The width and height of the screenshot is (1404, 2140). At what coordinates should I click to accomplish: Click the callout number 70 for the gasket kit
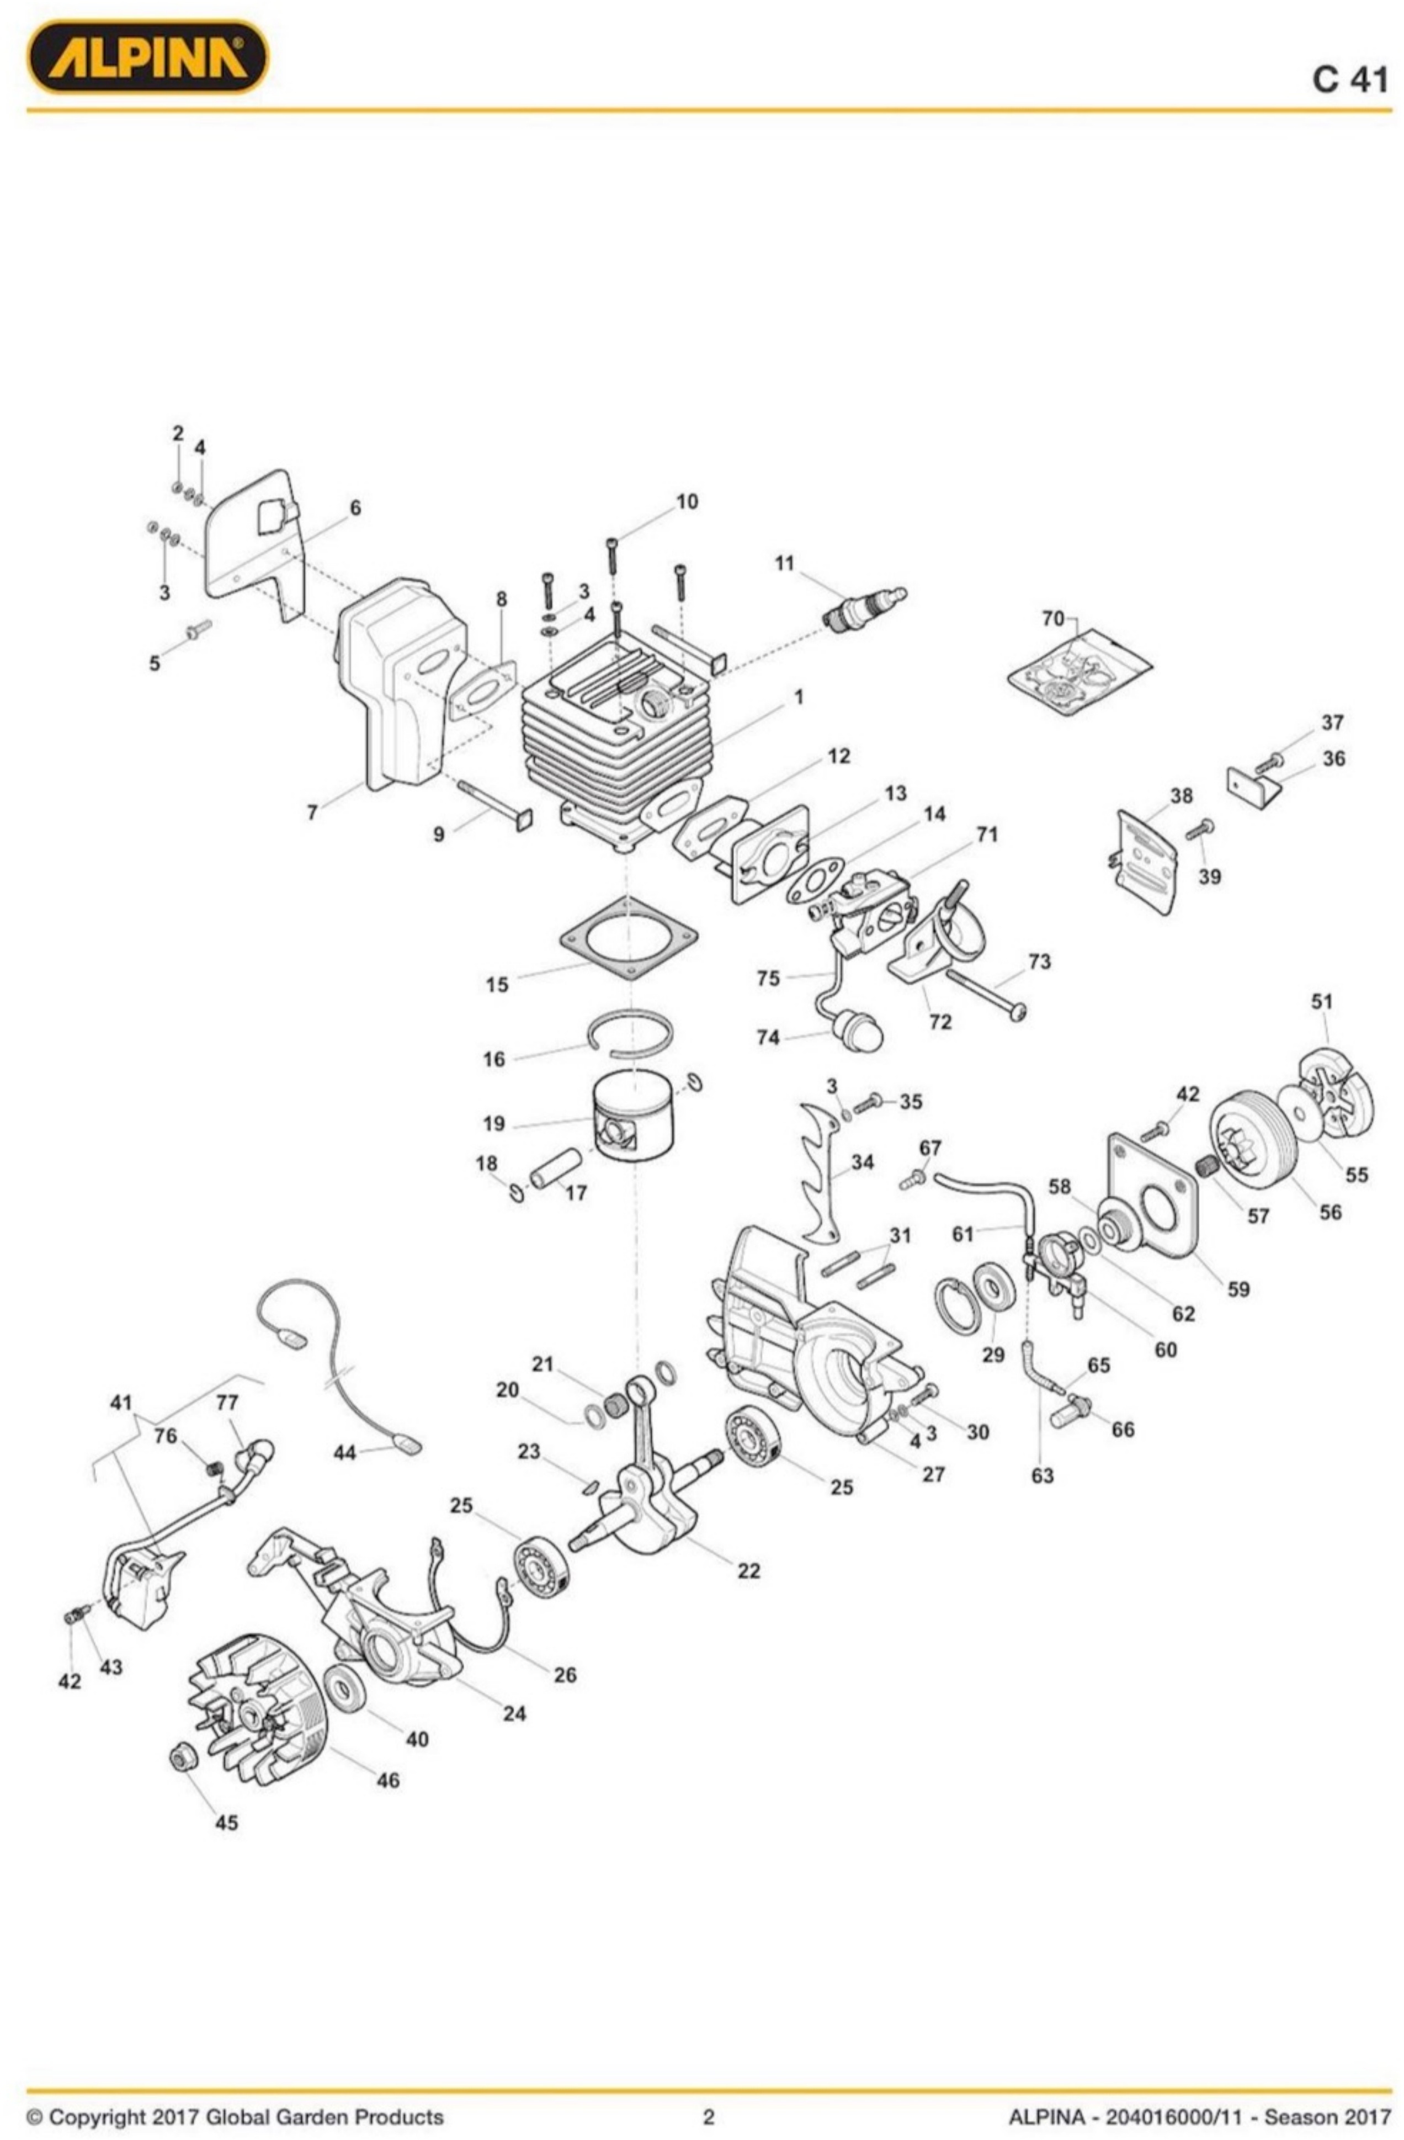click(1052, 619)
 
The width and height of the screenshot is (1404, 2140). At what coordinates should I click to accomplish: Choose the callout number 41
click(121, 1403)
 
